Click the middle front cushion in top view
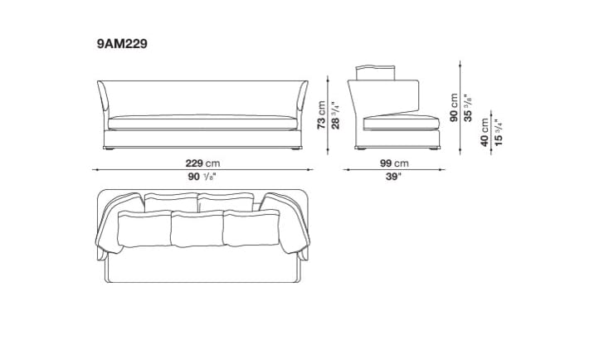click(x=198, y=227)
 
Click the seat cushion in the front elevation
click(x=202, y=120)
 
